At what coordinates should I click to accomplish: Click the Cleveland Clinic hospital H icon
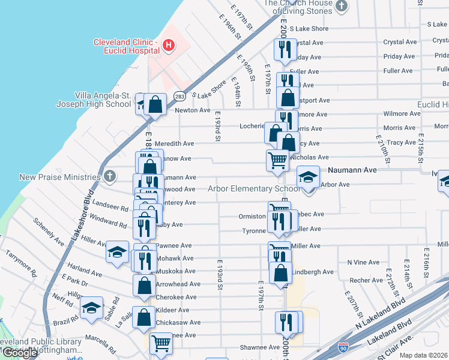(169, 45)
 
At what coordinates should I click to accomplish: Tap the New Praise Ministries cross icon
(109, 176)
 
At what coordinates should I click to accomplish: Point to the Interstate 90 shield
(342, 347)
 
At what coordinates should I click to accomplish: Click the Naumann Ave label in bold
(352, 170)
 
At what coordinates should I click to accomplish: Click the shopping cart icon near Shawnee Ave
(161, 343)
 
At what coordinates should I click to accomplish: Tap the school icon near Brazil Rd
(91, 308)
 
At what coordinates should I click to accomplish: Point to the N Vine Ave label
(363, 262)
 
